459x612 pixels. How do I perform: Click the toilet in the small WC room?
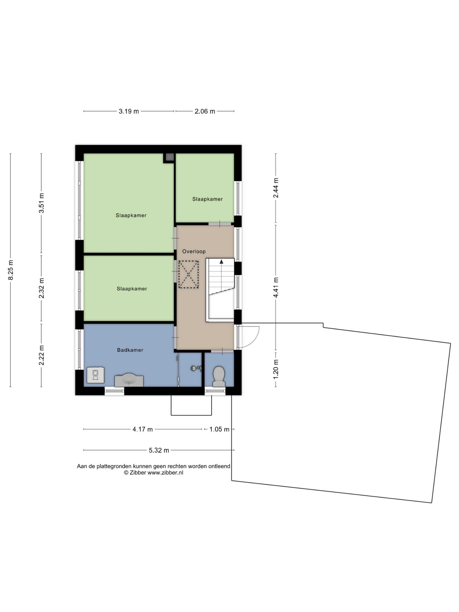click(x=218, y=376)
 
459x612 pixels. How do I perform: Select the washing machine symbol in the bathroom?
click(x=95, y=375)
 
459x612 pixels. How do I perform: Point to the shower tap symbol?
click(x=196, y=368)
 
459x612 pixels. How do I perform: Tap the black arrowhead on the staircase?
click(x=221, y=261)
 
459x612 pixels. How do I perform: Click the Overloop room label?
click(x=194, y=251)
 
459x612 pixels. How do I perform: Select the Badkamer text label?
click(x=130, y=350)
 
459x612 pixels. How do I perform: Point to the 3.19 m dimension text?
click(x=129, y=111)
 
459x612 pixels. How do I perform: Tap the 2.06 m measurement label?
click(x=205, y=111)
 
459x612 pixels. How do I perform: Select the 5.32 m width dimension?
click(x=159, y=450)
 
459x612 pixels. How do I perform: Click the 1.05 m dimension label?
click(x=219, y=429)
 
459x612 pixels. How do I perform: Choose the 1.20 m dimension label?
click(x=276, y=369)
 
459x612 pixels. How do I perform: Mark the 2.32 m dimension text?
click(x=42, y=288)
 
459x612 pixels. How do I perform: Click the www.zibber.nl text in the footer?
click(x=165, y=473)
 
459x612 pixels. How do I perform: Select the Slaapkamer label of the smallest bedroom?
click(x=208, y=199)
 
